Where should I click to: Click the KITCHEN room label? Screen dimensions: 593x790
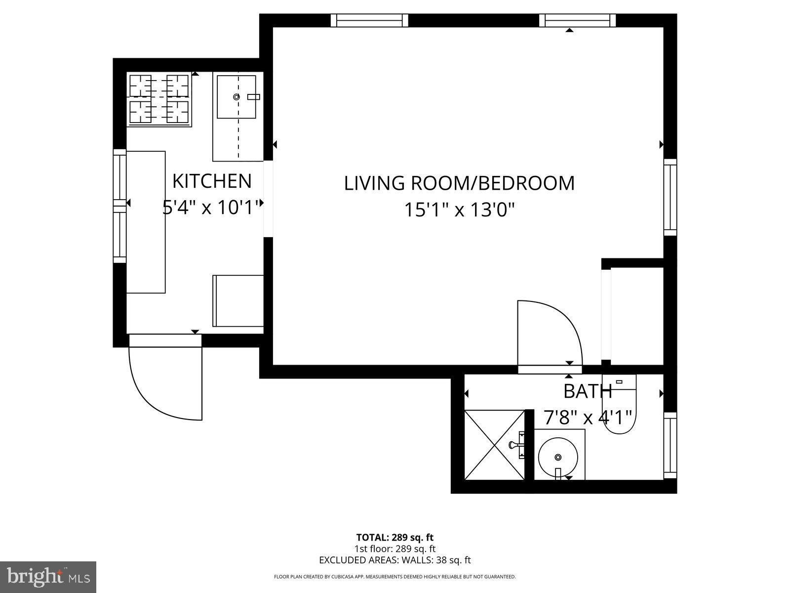[x=212, y=181]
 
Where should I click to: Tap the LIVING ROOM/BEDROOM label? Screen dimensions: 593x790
[x=459, y=183]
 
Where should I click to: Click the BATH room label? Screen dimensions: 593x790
[x=588, y=391]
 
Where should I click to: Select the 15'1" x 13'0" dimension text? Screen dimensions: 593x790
[x=459, y=210]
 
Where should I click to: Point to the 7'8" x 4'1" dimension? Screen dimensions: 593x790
[x=588, y=418]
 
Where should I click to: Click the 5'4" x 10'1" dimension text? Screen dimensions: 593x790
[x=212, y=208]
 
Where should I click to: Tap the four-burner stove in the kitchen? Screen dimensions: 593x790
[x=159, y=99]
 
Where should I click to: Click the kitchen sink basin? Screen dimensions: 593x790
[x=237, y=97]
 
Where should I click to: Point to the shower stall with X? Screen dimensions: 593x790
[x=495, y=444]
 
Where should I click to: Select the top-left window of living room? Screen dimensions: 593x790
[x=369, y=20]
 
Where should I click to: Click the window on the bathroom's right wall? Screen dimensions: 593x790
[x=670, y=445]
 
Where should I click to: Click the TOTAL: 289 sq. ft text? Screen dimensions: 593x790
[x=395, y=537]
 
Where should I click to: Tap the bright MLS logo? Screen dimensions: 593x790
[x=48, y=576]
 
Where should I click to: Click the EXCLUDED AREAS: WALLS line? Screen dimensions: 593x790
[x=395, y=560]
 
